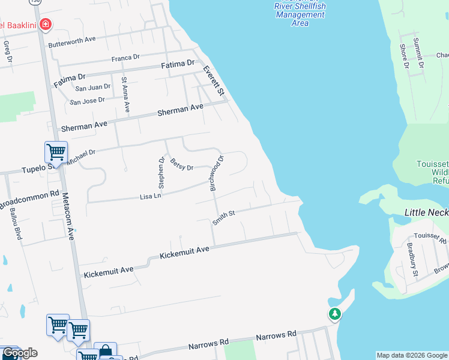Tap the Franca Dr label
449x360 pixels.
coord(125,58)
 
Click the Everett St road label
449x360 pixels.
coord(213,81)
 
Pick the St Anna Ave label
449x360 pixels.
coord(125,94)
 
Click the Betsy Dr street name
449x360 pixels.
coord(181,163)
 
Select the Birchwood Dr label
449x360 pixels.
coord(216,173)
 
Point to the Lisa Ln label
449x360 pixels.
coord(150,196)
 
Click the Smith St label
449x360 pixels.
coord(223,217)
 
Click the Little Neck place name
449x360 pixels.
coord(426,212)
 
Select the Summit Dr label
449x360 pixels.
coord(419,52)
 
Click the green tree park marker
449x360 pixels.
coord(334,313)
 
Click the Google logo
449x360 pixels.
coord(20,353)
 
